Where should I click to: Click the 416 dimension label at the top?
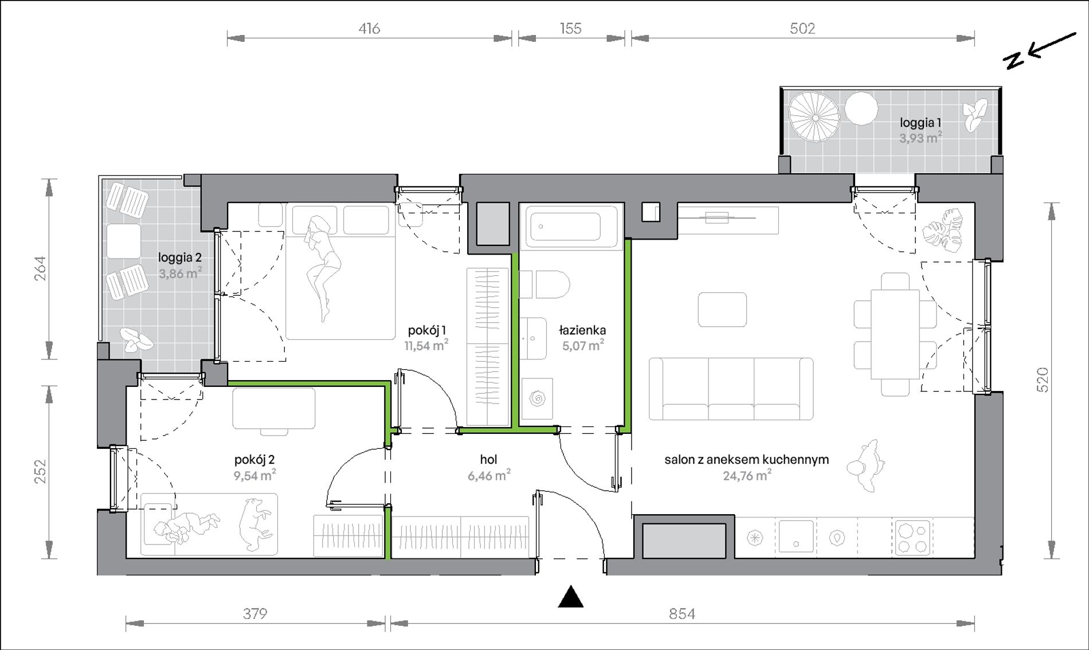[x=370, y=29]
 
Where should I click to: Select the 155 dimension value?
[x=571, y=29]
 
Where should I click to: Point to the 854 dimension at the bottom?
[x=682, y=614]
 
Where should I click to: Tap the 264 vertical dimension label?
[x=40, y=268]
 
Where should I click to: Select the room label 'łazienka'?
[x=582, y=330]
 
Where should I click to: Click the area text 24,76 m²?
[x=747, y=475]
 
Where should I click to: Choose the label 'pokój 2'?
[x=254, y=460]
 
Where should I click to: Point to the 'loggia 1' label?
[x=920, y=123]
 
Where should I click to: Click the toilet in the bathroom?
[x=544, y=285]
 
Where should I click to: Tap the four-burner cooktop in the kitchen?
[x=912, y=537]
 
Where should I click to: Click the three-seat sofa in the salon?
[x=731, y=389]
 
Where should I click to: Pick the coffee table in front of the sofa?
[x=722, y=310]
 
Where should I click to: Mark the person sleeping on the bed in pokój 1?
[x=322, y=267]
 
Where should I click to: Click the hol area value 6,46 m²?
[x=489, y=475]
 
